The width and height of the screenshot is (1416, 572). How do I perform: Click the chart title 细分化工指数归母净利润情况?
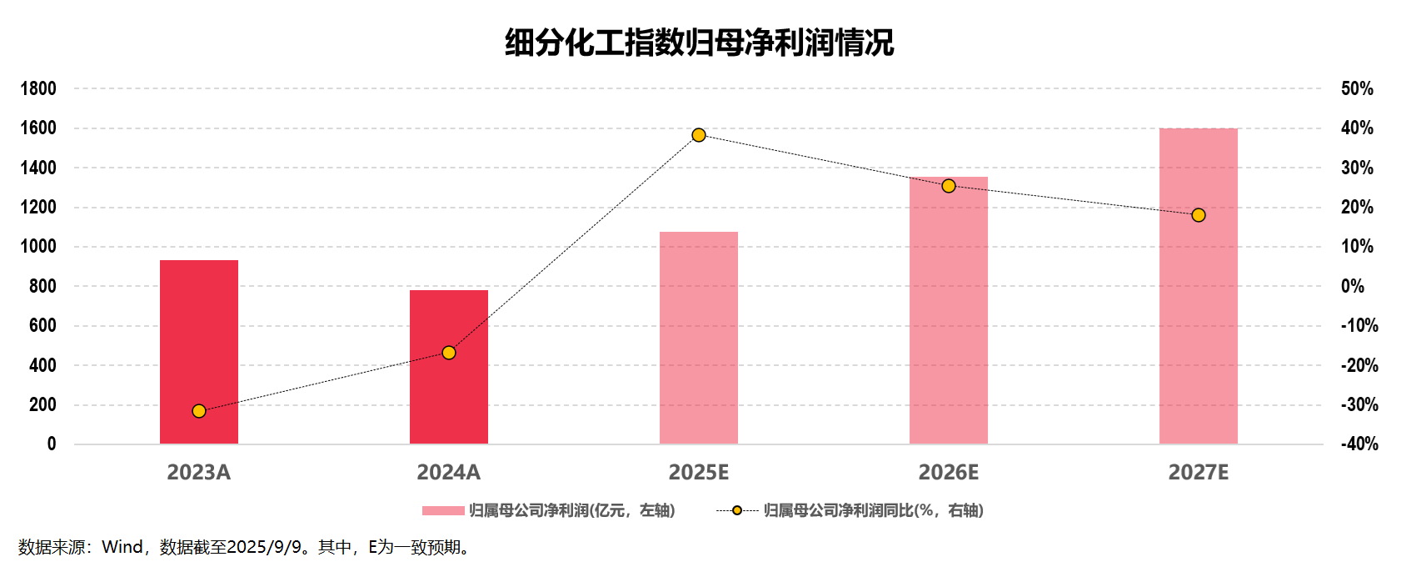(699, 42)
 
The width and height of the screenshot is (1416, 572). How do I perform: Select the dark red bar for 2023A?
(199, 352)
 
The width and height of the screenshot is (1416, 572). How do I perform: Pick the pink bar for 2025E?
(699, 338)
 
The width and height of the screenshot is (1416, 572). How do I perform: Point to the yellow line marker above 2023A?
(199, 411)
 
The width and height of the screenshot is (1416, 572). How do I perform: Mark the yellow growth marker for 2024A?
(449, 353)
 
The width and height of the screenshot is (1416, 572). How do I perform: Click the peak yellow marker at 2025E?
(699, 135)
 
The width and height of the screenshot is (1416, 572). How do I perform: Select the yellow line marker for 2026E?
(949, 186)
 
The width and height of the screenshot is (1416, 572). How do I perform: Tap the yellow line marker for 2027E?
(1199, 215)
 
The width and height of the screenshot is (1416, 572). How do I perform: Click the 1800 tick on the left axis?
(38, 88)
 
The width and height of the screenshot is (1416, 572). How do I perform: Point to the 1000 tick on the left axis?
(38, 247)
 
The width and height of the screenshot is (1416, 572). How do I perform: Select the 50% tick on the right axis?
(1357, 88)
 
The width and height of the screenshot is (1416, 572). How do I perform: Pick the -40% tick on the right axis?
(1359, 444)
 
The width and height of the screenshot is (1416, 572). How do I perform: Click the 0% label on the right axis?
(1353, 286)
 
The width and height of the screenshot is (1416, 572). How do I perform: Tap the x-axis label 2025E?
(699, 473)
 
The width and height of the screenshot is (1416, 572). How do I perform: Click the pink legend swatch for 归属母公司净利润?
(443, 510)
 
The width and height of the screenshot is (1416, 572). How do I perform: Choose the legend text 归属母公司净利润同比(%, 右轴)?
(873, 510)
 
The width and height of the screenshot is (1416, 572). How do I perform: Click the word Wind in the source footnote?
(122, 547)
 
